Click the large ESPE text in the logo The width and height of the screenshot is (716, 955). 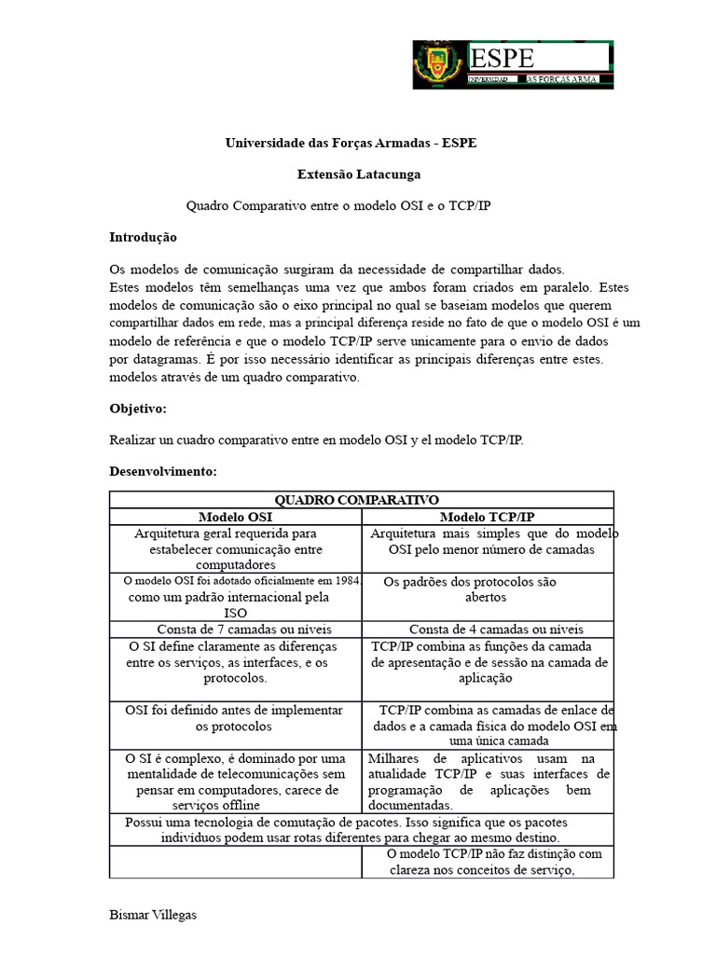[503, 59]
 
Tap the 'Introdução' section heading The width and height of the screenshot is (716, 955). [143, 238]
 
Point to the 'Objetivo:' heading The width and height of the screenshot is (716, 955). [138, 408]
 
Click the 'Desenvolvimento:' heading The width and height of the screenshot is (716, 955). [163, 472]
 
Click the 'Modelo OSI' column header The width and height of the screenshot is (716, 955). [236, 517]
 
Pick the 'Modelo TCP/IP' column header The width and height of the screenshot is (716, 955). [487, 517]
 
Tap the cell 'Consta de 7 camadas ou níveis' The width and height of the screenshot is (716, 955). [244, 629]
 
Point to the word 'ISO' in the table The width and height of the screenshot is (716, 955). [236, 613]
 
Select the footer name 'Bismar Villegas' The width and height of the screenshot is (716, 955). [153, 915]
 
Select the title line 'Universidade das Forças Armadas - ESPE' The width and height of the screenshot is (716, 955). [351, 144]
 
